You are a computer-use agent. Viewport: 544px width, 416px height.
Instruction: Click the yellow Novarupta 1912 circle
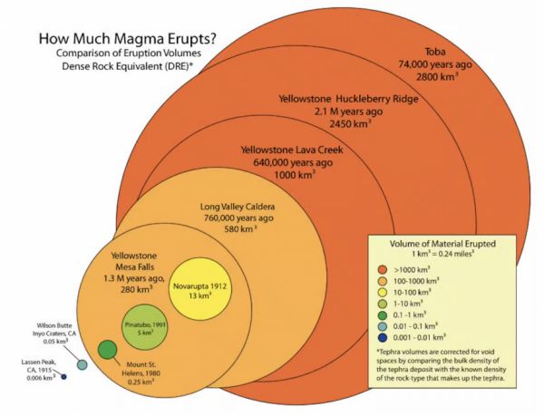click(x=199, y=289)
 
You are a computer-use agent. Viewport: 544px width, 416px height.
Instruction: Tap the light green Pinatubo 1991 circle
click(x=145, y=327)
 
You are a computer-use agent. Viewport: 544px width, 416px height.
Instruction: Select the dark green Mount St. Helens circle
click(x=107, y=350)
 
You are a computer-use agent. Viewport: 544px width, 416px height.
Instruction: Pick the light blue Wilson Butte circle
click(x=82, y=364)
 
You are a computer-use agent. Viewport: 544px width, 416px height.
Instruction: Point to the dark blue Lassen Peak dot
click(x=63, y=376)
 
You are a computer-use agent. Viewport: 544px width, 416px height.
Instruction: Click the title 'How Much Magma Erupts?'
click(x=127, y=38)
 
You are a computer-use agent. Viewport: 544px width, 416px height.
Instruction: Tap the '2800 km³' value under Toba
click(x=437, y=76)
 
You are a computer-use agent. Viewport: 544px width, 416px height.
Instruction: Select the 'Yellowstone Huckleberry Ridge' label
click(x=348, y=99)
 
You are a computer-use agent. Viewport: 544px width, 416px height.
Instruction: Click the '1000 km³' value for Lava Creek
click(x=295, y=174)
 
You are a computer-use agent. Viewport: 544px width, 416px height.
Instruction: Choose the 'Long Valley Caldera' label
click(x=238, y=207)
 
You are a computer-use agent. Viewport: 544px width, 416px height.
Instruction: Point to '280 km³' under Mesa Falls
click(x=137, y=289)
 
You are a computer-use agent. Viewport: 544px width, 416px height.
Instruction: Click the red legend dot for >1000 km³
click(x=383, y=270)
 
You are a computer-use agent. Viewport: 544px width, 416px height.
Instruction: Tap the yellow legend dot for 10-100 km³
click(x=383, y=292)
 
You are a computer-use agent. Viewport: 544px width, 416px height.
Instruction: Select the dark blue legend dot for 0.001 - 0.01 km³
click(x=383, y=337)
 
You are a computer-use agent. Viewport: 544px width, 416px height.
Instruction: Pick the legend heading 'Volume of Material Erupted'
click(x=442, y=244)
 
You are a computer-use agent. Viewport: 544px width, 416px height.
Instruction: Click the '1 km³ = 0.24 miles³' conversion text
click(x=442, y=254)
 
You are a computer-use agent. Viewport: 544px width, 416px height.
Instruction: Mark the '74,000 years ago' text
click(x=435, y=64)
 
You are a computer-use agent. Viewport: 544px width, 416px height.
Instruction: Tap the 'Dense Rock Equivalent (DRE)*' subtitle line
click(x=127, y=66)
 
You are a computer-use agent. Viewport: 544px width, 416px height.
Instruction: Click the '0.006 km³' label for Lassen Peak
click(x=41, y=378)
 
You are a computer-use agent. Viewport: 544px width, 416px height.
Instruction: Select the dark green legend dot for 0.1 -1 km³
click(x=383, y=314)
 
